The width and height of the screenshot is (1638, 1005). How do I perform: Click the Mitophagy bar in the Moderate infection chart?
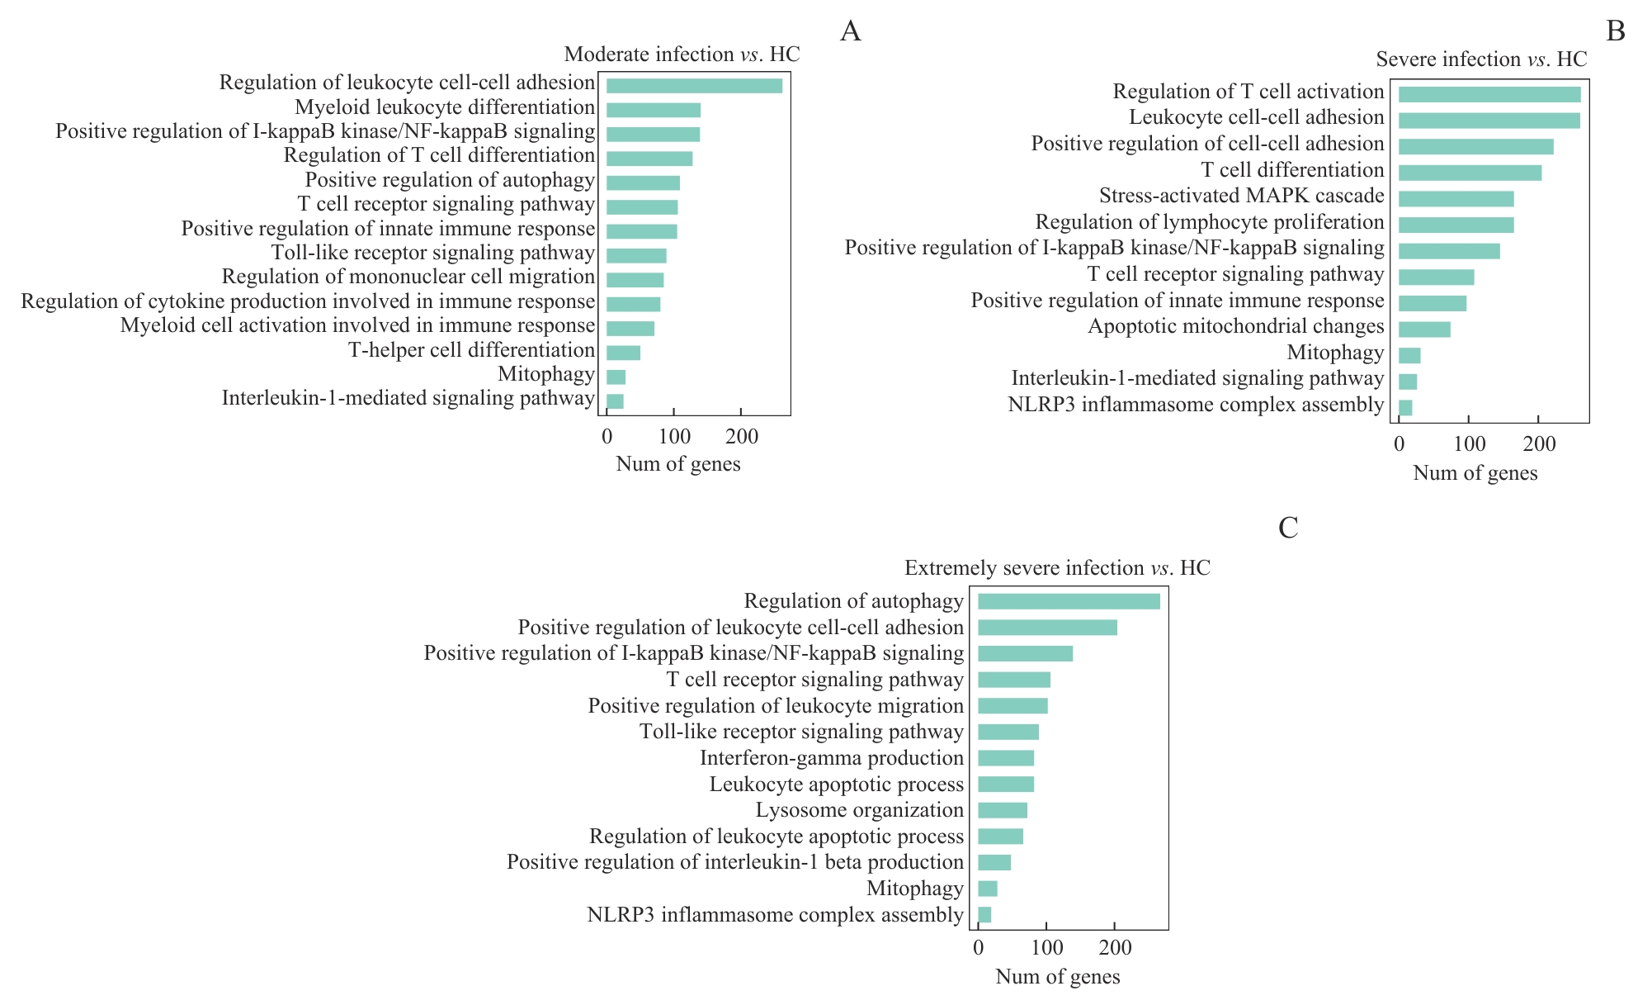616,377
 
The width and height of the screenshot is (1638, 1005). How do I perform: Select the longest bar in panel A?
694,86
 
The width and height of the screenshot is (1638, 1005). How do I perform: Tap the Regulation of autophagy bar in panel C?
1069,601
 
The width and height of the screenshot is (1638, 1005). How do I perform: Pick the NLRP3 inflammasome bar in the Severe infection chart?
1405,407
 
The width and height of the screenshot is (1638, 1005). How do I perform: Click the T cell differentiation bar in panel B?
1470,173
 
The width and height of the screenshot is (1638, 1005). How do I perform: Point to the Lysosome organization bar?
1003,810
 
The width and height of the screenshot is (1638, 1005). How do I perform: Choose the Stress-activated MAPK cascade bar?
1456,199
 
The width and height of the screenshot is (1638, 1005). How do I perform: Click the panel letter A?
850,31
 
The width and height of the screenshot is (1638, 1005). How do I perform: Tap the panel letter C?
1288,528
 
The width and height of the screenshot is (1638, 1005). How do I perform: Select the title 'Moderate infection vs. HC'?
682,55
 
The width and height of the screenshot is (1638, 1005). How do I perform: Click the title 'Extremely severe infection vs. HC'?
1057,568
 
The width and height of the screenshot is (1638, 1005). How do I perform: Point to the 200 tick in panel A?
741,437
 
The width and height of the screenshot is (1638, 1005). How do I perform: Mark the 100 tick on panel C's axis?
1046,948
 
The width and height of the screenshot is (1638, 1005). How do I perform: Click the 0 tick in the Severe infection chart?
1399,444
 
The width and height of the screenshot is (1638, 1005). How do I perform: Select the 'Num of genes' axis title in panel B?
1475,473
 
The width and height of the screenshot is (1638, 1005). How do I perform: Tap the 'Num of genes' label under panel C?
1057,977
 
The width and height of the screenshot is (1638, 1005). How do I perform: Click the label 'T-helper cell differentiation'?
471,350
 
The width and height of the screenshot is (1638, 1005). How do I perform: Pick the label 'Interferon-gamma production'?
831,758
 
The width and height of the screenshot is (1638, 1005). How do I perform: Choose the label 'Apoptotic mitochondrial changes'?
1235,326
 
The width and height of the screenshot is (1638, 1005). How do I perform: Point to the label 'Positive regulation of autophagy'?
450,180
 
